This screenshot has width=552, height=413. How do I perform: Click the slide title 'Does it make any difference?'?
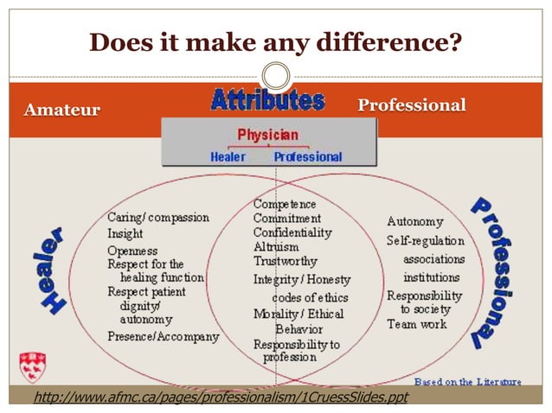275,41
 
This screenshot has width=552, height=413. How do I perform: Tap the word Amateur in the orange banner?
61,110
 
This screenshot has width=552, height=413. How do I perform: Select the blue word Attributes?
267,100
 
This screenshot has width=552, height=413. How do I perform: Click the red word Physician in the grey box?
267,135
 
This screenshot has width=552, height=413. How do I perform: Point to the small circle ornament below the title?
276,75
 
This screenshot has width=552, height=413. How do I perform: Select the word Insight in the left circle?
125,233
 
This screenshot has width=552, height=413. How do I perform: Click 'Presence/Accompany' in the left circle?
163,336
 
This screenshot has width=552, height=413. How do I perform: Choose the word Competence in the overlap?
285,205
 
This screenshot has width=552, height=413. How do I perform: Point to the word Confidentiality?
292,232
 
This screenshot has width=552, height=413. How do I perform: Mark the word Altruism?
276,246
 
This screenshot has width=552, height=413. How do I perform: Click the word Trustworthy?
285,260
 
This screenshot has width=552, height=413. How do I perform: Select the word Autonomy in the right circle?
415,222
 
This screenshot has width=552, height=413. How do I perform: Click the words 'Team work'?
417,324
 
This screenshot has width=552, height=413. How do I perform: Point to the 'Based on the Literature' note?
468,381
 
